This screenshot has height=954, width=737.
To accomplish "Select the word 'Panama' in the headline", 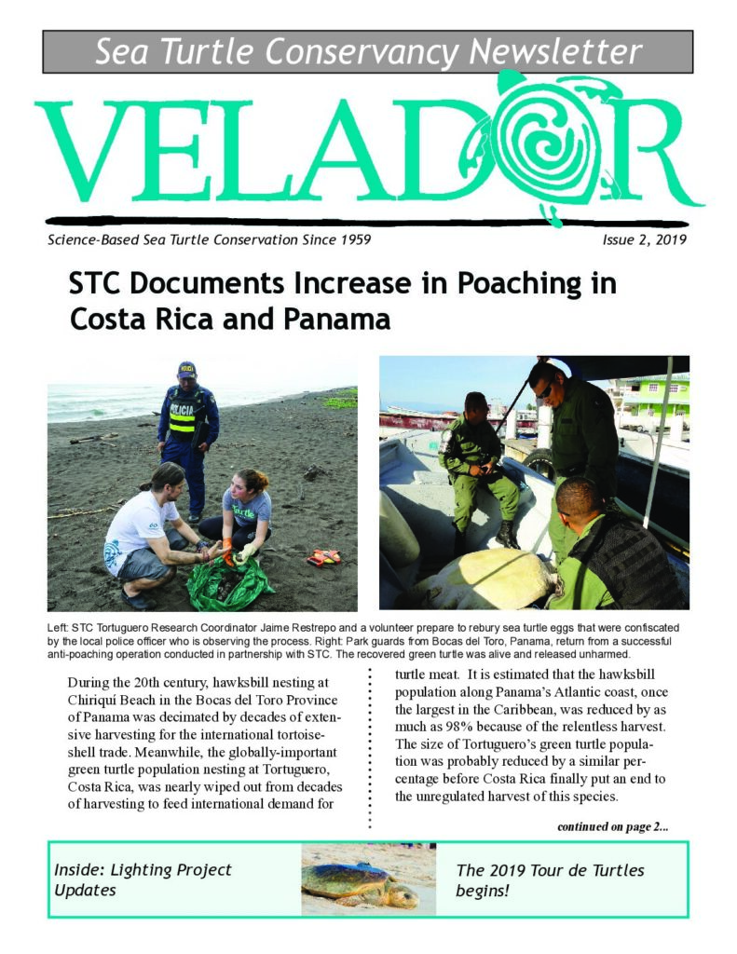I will (338, 320).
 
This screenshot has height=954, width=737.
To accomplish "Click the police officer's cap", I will (187, 369).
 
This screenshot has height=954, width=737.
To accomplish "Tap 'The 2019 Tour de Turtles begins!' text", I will (550, 879).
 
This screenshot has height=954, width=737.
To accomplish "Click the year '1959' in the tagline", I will (350, 240).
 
